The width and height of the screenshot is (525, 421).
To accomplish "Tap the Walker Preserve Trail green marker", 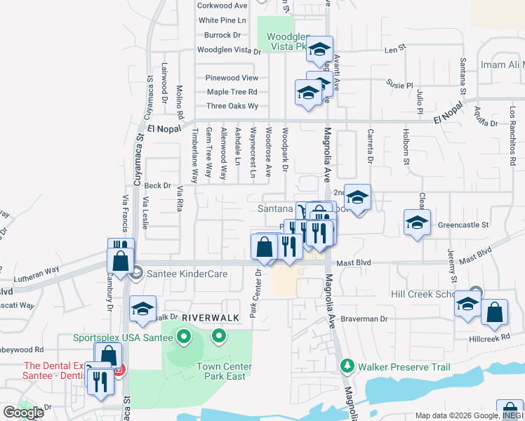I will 345,366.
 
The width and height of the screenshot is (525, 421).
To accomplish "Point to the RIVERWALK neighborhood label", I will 211,318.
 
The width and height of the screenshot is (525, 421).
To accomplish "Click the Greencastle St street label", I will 463,226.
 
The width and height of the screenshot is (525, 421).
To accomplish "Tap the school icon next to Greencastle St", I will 418,223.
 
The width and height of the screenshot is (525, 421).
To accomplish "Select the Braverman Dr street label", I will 364,319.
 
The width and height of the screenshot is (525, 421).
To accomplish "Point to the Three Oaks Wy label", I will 232,107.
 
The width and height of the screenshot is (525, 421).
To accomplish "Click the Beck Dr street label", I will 157,186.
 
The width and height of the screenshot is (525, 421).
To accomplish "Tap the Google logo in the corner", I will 23,413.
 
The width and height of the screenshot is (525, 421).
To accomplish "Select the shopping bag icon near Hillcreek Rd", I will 495,314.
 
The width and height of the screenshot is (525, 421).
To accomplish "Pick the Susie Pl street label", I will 401,85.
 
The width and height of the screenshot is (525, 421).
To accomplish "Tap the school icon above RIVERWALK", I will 142,309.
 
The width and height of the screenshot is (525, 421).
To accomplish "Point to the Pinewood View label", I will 232,78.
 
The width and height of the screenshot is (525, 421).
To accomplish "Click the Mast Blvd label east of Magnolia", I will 354,262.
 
